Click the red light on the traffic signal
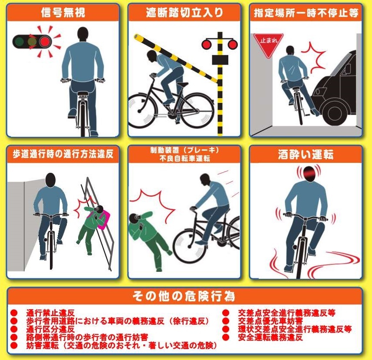45,42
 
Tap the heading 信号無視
63,12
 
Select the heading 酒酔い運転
306,154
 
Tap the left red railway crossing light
207,45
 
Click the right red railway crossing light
233,45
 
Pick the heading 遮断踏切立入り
184,12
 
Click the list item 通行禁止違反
50,313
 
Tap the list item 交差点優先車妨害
270,321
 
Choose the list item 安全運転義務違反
270,337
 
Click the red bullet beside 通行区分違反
14,329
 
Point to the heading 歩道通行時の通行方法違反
63,154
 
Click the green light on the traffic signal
19,42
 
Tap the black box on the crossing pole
220,60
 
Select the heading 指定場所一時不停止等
306,13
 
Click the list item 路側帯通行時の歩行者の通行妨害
87,337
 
